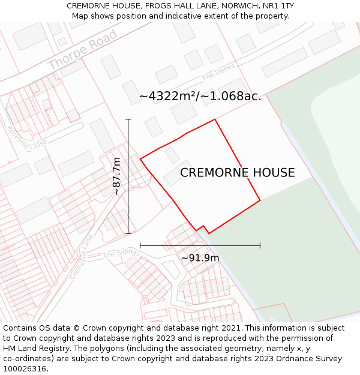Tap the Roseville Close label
pos(26,137)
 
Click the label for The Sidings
pos(121,254)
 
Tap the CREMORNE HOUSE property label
pos(238,173)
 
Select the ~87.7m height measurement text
pos(117,176)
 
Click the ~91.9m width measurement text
pos(200,258)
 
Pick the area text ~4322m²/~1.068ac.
pos(200,96)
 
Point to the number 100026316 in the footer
pos(24,369)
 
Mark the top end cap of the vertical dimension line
pos(128,119)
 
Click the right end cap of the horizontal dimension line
pos(260,245)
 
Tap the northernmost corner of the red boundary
pos(215,119)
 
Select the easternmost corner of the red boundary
pos(260,200)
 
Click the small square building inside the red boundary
pos(172,155)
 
